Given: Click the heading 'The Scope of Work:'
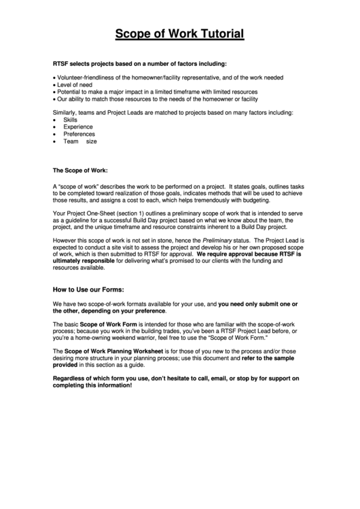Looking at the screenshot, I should click(x=80, y=169).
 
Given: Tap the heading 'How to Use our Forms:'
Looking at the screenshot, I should click(x=88, y=289).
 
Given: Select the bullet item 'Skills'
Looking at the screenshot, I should click(x=71, y=119).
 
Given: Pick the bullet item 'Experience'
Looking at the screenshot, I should click(x=78, y=126).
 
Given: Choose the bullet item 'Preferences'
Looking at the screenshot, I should click(x=79, y=134).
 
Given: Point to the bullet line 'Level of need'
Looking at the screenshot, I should click(x=76, y=84).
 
